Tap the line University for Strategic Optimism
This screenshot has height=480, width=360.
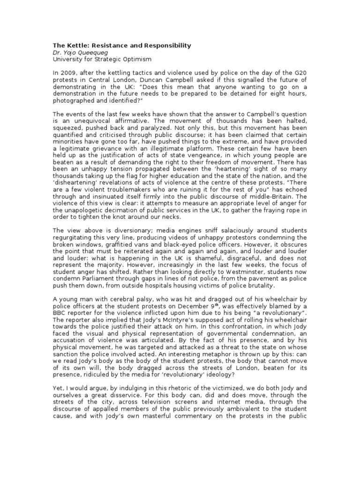pos(90,60)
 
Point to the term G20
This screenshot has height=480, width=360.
pos(298,73)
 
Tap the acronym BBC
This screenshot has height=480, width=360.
pos(60,312)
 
